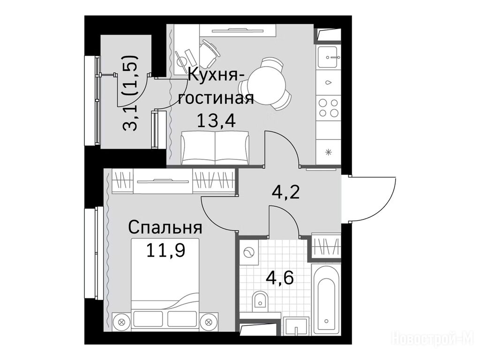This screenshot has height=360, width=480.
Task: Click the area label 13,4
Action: pos(216,120)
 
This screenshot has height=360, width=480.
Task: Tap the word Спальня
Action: pos(165,228)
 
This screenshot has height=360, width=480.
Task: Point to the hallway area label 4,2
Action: pos(285,192)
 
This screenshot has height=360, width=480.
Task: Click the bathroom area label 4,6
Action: pos(280,277)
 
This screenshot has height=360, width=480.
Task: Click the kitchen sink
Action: pos(328,57)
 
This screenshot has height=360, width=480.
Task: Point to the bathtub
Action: pos(326,301)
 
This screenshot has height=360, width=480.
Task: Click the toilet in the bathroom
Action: pos(260,300)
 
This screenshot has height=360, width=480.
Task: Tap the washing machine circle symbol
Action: pos(248,253)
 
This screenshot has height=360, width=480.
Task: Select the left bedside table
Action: pos(121,322)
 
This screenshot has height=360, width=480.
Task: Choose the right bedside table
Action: pos(209,322)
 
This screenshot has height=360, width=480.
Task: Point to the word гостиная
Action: pos(216,99)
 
